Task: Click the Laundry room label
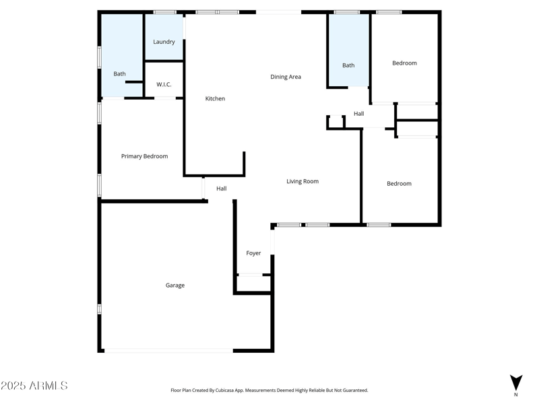coord(164,42)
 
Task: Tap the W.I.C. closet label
coord(164,84)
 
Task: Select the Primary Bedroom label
coord(144,156)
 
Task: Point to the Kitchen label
coord(215,99)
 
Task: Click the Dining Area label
coord(286,77)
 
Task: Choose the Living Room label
coord(303,181)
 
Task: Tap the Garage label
coord(175,285)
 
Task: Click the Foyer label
coord(253,253)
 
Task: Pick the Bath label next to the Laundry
coord(119,74)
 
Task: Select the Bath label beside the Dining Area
coord(348,65)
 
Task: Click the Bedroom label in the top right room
coord(404,63)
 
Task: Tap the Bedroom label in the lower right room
coord(399,183)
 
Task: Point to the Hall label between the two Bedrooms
coord(358,114)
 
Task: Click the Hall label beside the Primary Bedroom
coord(221,189)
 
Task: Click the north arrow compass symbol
coord(516,383)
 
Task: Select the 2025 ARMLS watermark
coord(34,386)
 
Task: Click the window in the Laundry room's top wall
coord(164,12)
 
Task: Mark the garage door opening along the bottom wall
coord(168,350)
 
